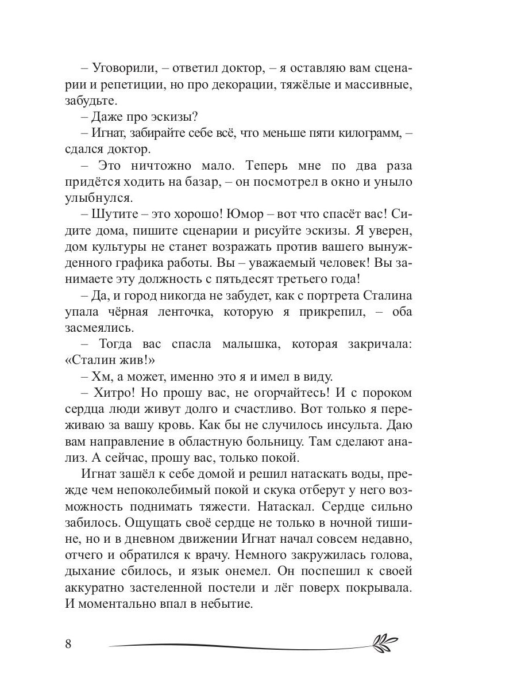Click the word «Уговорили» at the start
[x=124, y=68]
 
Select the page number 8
[x=68, y=643]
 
